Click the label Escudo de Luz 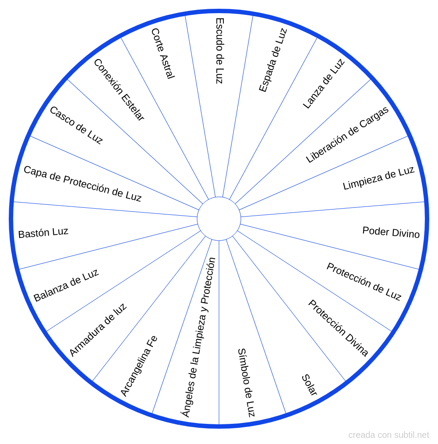[x=220, y=51]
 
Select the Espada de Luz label [x=273, y=60]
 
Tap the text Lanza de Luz [x=324, y=84]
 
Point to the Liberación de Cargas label [x=347, y=135]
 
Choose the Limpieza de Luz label [x=378, y=178]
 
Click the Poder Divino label [x=391, y=232]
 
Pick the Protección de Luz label [x=364, y=281]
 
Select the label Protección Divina [x=338, y=328]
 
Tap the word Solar [x=309, y=385]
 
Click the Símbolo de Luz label [x=246, y=383]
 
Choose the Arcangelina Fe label [x=139, y=366]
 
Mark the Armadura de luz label [x=98, y=329]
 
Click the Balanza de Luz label [x=66, y=285]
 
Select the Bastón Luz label [x=43, y=233]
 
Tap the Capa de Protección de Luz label [x=82, y=184]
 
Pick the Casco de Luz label [x=76, y=125]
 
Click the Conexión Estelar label [x=119, y=90]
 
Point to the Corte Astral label [x=163, y=53]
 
